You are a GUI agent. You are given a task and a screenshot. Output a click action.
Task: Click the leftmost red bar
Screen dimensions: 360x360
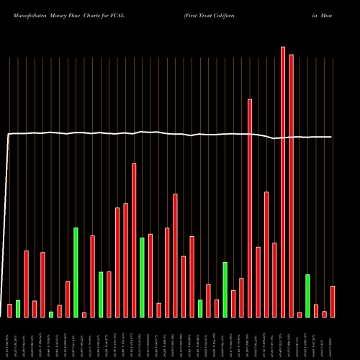tap(9, 310)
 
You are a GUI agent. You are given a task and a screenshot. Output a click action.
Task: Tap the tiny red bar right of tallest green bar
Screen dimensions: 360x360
tap(84, 315)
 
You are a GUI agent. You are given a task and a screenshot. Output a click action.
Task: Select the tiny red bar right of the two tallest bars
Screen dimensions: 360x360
tap(300, 314)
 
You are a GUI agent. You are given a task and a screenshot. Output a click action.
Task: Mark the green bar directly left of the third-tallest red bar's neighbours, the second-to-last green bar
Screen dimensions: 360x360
tap(225, 289)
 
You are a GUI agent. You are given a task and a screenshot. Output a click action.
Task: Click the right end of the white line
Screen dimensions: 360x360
tap(332, 137)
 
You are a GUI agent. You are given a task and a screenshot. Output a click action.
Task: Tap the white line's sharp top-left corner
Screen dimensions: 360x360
tap(9, 134)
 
